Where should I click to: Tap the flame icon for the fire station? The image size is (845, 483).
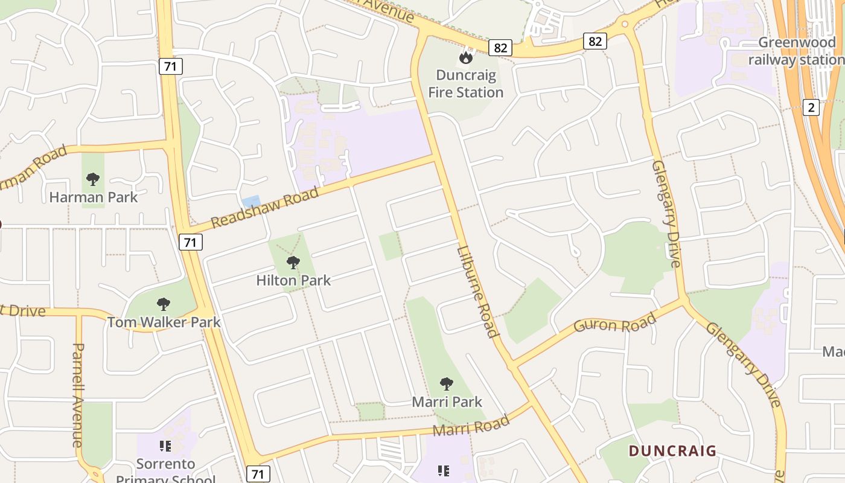click(x=465, y=57)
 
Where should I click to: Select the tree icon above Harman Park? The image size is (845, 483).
click(x=92, y=179)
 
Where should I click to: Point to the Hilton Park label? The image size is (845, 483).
click(x=293, y=280)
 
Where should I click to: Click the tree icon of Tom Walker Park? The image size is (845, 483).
click(x=163, y=304)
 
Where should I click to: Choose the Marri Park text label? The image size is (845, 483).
click(x=447, y=401)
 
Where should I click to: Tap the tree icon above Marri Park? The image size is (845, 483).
click(x=446, y=383)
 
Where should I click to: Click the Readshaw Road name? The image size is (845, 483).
click(x=264, y=208)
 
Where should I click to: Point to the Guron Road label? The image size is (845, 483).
click(x=614, y=323)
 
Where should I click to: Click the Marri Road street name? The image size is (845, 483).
click(x=471, y=427)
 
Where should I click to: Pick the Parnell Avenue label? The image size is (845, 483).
click(x=78, y=395)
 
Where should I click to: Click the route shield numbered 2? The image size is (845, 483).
click(x=811, y=107)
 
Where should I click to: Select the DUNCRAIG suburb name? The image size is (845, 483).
click(x=672, y=450)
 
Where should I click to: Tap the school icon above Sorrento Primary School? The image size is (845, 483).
click(x=165, y=446)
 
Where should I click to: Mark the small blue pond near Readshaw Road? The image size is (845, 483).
click(x=250, y=202)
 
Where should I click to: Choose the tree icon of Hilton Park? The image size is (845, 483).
click(x=293, y=262)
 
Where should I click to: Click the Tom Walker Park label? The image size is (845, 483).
click(x=164, y=322)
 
